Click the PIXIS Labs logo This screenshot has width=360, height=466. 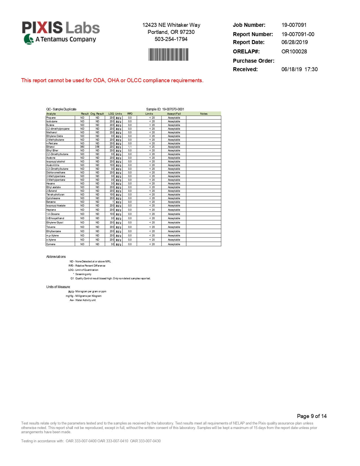(61, 32)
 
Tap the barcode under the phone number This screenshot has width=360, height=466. (168, 55)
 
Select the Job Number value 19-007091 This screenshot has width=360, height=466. (294, 25)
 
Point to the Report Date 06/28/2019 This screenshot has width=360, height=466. (294, 42)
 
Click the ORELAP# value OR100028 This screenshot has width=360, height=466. (294, 51)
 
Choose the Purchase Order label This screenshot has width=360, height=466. (253, 61)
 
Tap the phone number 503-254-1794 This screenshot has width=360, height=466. (171, 39)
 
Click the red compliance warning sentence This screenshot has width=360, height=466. (112, 80)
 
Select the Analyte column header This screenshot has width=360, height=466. (51, 114)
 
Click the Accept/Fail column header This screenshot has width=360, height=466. (174, 114)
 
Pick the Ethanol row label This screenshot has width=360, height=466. (51, 147)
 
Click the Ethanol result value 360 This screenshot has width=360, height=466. (82, 147)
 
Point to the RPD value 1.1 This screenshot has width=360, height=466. (130, 147)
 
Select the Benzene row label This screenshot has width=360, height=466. (51, 202)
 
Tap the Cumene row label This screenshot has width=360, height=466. (51, 244)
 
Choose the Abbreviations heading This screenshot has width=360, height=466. (56, 257)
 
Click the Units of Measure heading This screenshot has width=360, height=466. (58, 287)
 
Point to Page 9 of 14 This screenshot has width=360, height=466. (312, 416)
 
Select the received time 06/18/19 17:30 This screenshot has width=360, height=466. (299, 69)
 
